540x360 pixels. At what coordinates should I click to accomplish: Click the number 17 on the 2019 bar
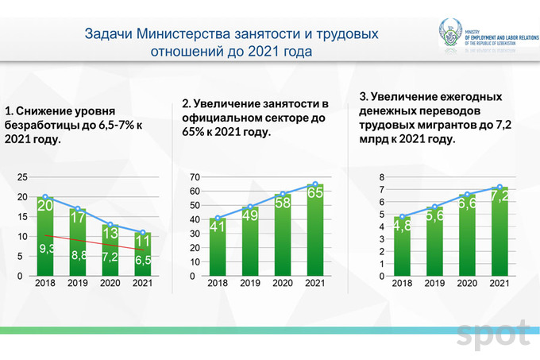pyautogui.click(x=79, y=216)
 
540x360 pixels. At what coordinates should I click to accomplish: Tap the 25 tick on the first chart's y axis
pyautogui.click(x=22, y=176)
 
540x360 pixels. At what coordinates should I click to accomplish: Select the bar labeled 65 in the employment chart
pyautogui.click(x=314, y=230)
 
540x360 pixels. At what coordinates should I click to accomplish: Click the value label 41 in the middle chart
pyautogui.click(x=218, y=226)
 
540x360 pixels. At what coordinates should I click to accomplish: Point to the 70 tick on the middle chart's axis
pyautogui.click(x=193, y=176)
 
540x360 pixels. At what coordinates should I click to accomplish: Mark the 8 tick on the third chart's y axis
pyautogui.click(x=381, y=176)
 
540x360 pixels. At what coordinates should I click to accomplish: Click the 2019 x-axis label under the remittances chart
pyautogui.click(x=435, y=284)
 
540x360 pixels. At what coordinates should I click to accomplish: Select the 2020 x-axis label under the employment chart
pyautogui.click(x=282, y=284)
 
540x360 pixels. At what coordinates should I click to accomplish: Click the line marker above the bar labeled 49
pyautogui.click(x=249, y=207)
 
